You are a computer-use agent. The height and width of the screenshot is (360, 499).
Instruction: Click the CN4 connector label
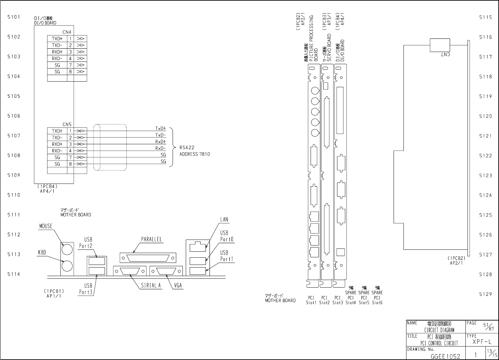point(67,32)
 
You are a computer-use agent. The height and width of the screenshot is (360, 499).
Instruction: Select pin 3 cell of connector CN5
point(70,144)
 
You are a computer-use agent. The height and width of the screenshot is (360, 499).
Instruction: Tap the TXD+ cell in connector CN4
point(57,39)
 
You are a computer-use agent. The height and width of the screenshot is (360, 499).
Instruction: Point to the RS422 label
point(187,148)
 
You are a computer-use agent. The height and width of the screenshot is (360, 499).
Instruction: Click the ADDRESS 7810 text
point(194,154)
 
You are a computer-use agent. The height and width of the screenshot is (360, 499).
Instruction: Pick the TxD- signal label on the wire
point(161,135)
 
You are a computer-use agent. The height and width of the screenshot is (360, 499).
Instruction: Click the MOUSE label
point(46,226)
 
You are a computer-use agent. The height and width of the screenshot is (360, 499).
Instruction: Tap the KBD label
point(42,253)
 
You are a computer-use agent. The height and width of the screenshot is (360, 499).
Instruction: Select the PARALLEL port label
point(152,240)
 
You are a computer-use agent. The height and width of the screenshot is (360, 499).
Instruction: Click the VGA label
point(178,286)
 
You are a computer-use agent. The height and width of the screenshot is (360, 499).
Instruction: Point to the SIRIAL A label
point(151,286)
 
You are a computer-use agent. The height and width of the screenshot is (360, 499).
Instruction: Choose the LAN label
point(224,219)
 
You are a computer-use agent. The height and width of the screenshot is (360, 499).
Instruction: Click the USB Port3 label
point(86,289)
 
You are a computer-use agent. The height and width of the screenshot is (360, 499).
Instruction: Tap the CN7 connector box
point(440,45)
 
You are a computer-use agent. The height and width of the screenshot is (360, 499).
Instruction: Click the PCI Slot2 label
point(324,300)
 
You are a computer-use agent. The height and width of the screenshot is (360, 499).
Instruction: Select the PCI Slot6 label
point(377,300)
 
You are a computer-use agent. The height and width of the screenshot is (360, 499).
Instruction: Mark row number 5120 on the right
point(485,116)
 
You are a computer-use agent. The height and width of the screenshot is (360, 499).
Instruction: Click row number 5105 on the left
point(14,96)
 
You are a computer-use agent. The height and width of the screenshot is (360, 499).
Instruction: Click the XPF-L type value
point(482,342)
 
